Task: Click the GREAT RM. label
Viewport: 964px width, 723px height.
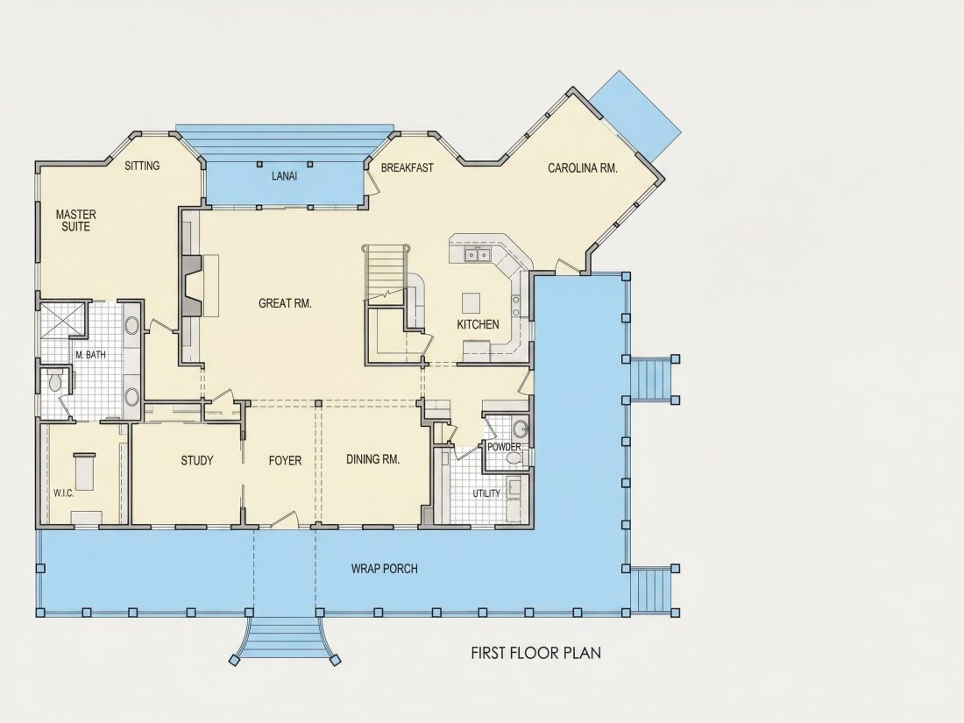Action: tap(285, 303)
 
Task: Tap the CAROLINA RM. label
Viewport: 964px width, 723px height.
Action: tap(582, 168)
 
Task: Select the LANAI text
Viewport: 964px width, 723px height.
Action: tap(284, 176)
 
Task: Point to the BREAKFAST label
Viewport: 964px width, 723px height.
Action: tap(407, 167)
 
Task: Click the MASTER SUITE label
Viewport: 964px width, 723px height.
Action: tap(75, 220)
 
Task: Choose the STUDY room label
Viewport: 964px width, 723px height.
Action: tap(196, 460)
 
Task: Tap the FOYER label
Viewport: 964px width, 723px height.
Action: tap(286, 460)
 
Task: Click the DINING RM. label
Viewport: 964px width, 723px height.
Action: tap(372, 459)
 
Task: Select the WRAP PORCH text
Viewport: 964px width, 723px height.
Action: tap(384, 569)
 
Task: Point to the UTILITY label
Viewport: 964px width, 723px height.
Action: tap(486, 493)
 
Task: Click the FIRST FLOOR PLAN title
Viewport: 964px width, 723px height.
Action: tap(536, 652)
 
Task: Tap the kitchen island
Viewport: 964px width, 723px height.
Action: tap(471, 302)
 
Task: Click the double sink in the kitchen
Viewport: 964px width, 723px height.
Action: tap(478, 254)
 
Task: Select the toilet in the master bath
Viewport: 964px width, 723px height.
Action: tap(54, 381)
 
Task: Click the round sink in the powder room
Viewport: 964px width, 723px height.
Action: tap(520, 428)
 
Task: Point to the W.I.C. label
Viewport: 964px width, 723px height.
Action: tap(63, 493)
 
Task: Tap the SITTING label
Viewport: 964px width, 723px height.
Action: tap(142, 166)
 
